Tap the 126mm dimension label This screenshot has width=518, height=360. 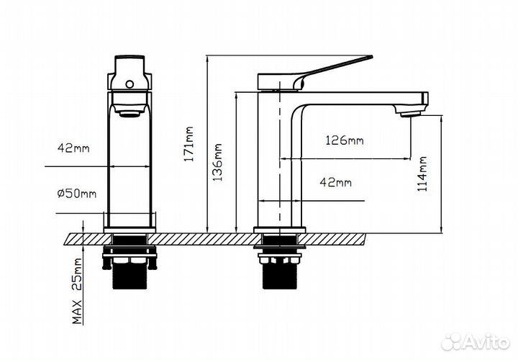click(345, 140)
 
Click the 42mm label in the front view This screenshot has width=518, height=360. click(74, 148)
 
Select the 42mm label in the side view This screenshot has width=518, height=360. click(335, 182)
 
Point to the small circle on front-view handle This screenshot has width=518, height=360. click(129, 84)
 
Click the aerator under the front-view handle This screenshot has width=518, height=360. click(129, 112)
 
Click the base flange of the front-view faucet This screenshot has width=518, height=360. click(129, 230)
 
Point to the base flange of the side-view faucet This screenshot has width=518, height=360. click(279, 230)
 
